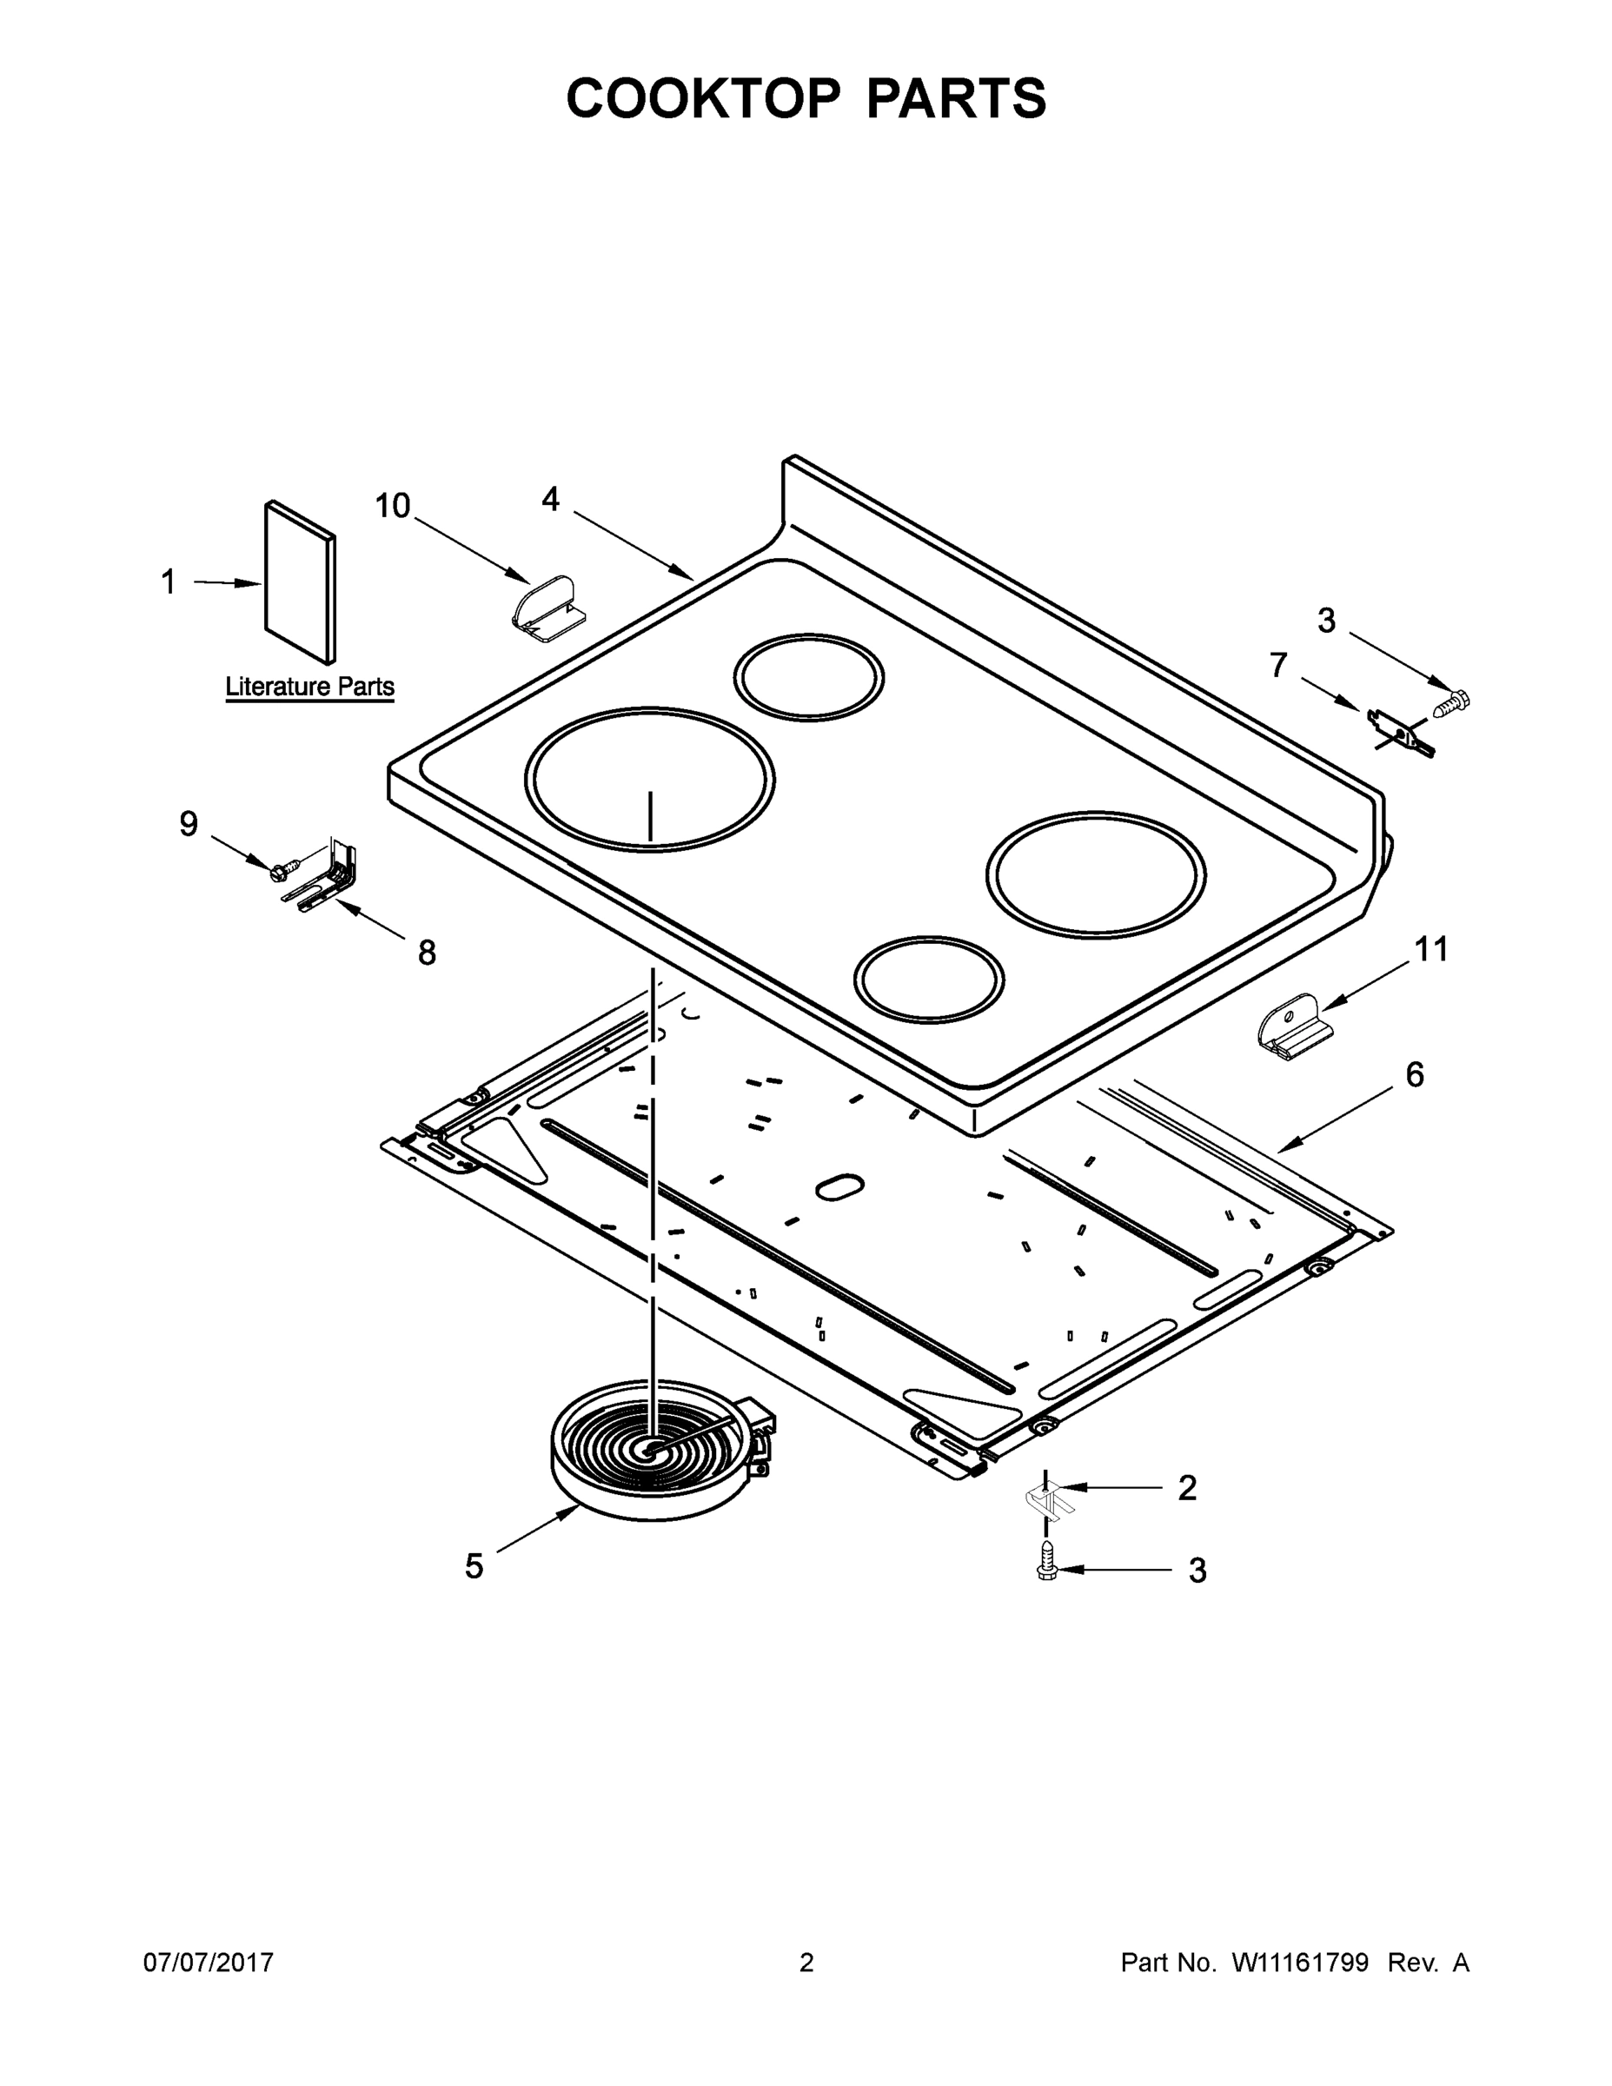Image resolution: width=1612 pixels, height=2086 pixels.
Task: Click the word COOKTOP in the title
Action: pyautogui.click(x=704, y=98)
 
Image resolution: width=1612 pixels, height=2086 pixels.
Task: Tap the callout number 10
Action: pyautogui.click(x=392, y=506)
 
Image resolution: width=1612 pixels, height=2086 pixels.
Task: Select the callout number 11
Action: pyautogui.click(x=1430, y=949)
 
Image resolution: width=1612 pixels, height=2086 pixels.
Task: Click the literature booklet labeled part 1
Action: pyautogui.click(x=300, y=582)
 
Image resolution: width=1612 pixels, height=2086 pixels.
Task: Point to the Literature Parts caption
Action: pyautogui.click(x=309, y=687)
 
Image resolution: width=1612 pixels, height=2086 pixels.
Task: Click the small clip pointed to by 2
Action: pyautogui.click(x=1048, y=1503)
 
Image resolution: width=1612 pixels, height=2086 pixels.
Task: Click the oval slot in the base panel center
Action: pyautogui.click(x=839, y=1186)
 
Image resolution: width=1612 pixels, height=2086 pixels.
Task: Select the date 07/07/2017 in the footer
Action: pyautogui.click(x=209, y=1963)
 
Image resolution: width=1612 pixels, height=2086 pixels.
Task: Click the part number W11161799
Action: pyautogui.click(x=1300, y=1963)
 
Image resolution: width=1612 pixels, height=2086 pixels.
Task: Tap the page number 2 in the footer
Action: pyautogui.click(x=806, y=1963)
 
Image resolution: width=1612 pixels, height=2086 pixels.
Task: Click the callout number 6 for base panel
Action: pyautogui.click(x=1415, y=1075)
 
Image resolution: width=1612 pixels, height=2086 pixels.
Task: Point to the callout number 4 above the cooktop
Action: pyautogui.click(x=550, y=499)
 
